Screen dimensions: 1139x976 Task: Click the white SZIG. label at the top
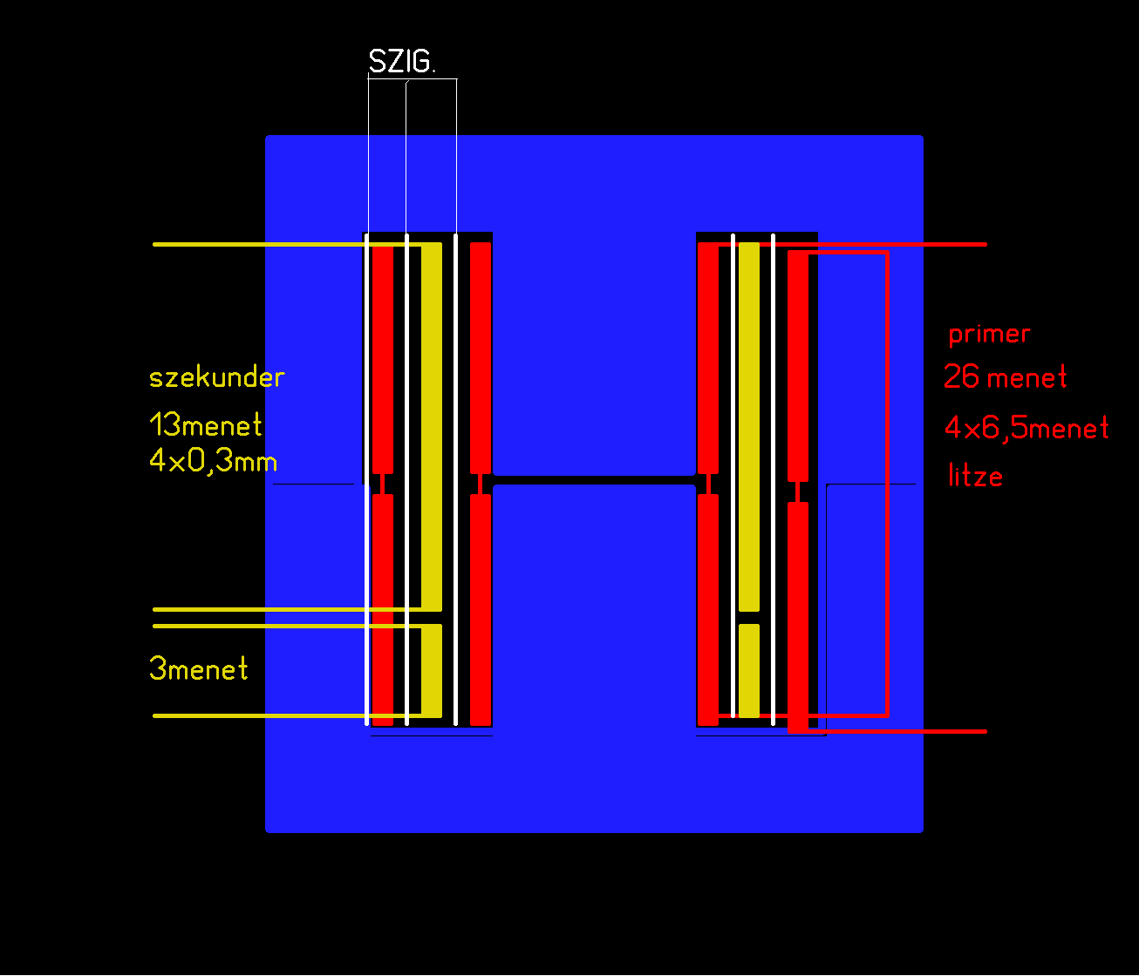click(x=402, y=61)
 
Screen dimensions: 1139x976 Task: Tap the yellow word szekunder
click(x=216, y=377)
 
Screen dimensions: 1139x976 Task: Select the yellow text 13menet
click(x=206, y=424)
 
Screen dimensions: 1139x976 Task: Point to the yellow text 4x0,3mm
click(x=214, y=461)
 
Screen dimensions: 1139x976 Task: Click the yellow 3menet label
click(x=198, y=669)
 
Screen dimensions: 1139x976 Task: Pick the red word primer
click(x=989, y=334)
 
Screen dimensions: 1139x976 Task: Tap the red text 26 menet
click(x=1005, y=377)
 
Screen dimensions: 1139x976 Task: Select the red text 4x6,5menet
click(x=1026, y=428)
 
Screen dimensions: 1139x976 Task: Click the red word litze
click(x=975, y=475)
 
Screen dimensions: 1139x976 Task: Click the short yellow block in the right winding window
click(x=749, y=670)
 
